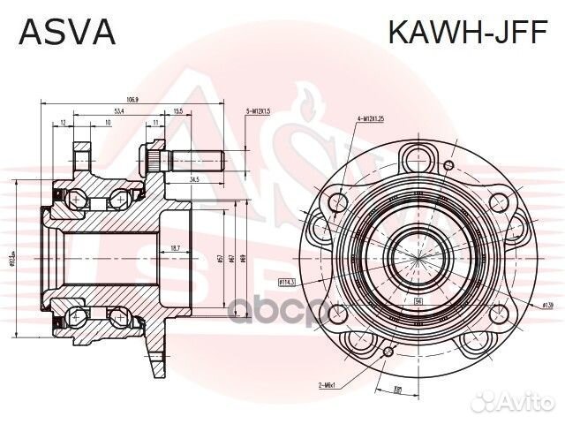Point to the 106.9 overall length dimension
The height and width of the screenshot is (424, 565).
click(x=133, y=99)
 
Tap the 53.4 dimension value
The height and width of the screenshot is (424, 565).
click(x=118, y=111)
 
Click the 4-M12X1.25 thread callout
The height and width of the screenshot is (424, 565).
click(x=371, y=117)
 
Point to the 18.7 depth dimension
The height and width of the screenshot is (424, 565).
click(x=175, y=248)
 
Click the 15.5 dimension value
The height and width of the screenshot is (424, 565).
click(x=177, y=111)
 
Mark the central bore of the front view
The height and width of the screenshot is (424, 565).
click(x=413, y=246)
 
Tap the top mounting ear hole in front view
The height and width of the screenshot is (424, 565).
click(x=415, y=158)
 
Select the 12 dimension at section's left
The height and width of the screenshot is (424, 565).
click(x=64, y=124)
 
